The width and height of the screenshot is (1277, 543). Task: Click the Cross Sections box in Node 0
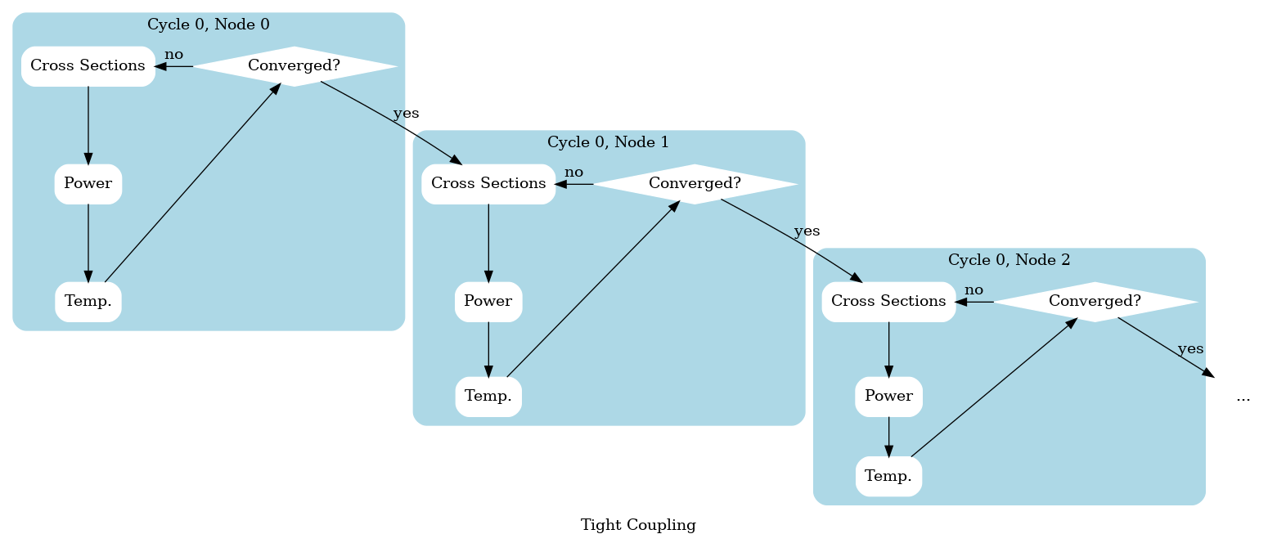pyautogui.click(x=88, y=66)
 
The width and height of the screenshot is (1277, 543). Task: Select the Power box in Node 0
pyautogui.click(x=88, y=184)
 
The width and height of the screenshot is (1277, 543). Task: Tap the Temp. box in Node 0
pyautogui.click(x=88, y=302)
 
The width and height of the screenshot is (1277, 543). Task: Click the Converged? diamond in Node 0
pyautogui.click(x=294, y=66)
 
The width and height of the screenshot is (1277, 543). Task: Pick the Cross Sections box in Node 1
pyautogui.click(x=488, y=184)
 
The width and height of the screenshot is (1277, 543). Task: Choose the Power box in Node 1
pyautogui.click(x=488, y=302)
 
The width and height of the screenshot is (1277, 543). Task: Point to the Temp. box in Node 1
pyautogui.click(x=488, y=397)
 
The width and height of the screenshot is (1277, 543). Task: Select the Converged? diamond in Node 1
pyautogui.click(x=695, y=184)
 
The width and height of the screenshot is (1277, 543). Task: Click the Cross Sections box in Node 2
pyautogui.click(x=888, y=302)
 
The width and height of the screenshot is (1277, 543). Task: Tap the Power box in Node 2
pyautogui.click(x=888, y=397)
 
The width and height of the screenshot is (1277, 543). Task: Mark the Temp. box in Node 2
pyautogui.click(x=888, y=476)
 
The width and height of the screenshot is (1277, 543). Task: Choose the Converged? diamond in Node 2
pyautogui.click(x=1095, y=302)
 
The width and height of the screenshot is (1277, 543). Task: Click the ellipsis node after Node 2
pyautogui.click(x=1243, y=397)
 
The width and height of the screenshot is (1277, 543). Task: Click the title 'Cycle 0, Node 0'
pyautogui.click(x=209, y=25)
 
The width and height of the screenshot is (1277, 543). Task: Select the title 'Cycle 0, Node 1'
pyautogui.click(x=608, y=142)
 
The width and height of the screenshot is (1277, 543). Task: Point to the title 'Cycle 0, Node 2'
pyautogui.click(x=1009, y=260)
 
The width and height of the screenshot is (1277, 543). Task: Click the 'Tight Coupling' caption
pyautogui.click(x=638, y=525)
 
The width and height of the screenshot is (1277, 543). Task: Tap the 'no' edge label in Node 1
pyautogui.click(x=574, y=173)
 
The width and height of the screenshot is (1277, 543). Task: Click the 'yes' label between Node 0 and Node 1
pyautogui.click(x=406, y=114)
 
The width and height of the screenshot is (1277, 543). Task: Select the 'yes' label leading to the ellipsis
pyautogui.click(x=1190, y=349)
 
